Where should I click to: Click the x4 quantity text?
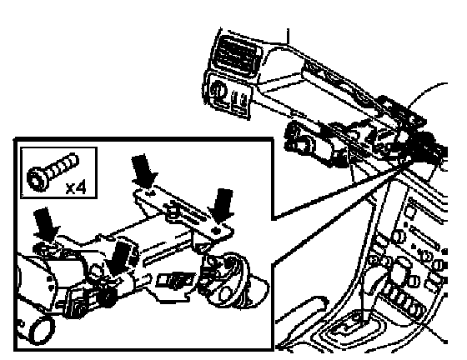click(76, 188)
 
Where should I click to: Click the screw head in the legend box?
click(37, 179)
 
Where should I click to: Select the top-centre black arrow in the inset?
click(143, 171)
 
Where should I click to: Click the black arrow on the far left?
click(46, 224)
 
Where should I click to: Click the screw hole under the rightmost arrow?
click(217, 231)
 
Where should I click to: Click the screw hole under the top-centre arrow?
click(151, 193)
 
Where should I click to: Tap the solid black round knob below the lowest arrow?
click(108, 295)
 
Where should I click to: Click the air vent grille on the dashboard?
click(236, 56)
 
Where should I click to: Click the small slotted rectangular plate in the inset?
click(175, 280)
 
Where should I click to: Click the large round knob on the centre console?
click(399, 270)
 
